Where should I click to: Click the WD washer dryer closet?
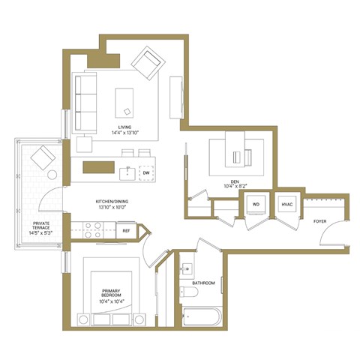(255, 204)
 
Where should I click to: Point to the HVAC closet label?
(286, 204)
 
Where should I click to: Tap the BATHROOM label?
(202, 283)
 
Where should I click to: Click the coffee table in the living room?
(124, 101)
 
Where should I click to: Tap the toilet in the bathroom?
(188, 292)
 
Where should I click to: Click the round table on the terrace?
(52, 175)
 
